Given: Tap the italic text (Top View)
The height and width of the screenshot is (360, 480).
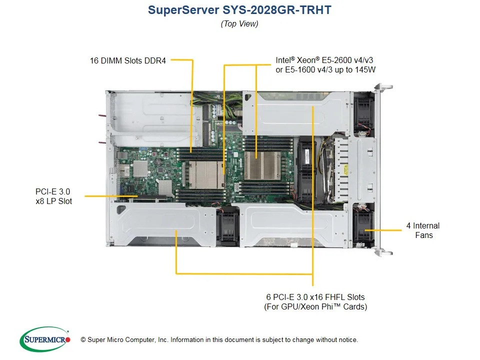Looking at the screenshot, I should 239,23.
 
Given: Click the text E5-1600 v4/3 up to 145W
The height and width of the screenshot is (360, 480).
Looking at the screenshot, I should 325,70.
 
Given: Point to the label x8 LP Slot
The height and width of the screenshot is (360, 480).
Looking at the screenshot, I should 53,201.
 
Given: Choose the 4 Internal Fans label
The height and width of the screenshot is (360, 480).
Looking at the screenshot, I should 423,230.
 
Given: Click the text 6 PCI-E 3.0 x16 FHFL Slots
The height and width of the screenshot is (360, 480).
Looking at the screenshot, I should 315,297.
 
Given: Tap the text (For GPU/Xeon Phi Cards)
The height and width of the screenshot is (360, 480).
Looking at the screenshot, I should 315,306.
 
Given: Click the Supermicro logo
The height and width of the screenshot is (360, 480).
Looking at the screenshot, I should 45,339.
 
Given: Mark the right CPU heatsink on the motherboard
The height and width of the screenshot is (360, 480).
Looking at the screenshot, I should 262,164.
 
